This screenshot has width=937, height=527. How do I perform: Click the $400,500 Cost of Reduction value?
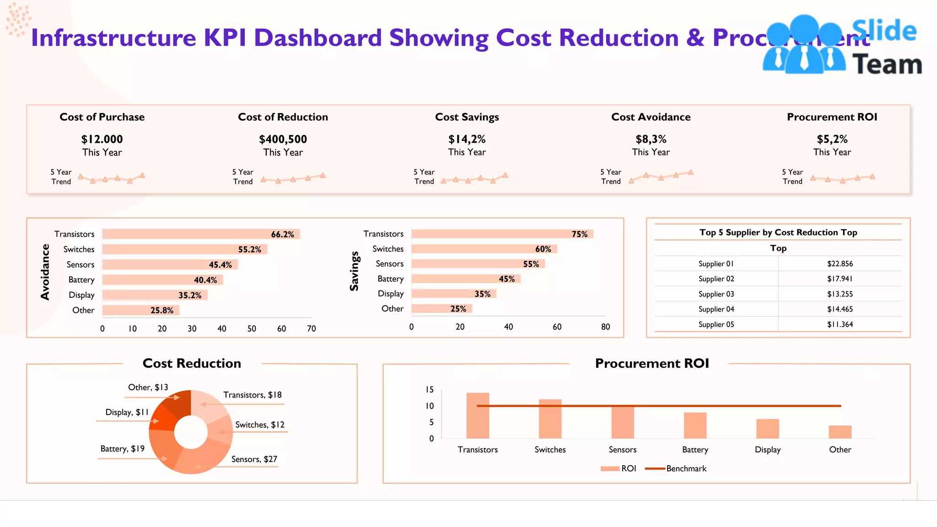point(283,139)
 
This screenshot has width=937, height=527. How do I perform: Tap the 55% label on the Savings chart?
point(531,264)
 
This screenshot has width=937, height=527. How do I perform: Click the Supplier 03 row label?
point(716,294)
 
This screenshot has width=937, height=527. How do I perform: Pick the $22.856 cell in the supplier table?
point(840,264)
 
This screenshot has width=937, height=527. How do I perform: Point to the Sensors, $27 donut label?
point(254,459)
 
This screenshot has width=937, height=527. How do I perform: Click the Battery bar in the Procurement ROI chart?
point(695,425)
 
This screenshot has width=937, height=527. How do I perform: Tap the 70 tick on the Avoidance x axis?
point(311,328)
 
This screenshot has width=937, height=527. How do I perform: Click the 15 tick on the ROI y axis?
point(429,390)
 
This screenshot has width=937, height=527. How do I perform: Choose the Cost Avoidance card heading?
point(651,117)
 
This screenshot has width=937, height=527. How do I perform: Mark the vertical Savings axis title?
point(354,271)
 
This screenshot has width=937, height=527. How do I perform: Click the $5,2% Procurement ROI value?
point(832,139)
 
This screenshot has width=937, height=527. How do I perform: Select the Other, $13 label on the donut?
point(148,387)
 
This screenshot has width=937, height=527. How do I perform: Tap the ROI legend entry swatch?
point(609,468)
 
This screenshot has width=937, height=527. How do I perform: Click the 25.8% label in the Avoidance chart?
point(162,310)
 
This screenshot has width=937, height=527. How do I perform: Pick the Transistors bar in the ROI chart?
point(478,415)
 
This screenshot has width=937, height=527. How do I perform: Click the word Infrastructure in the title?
point(113,38)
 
